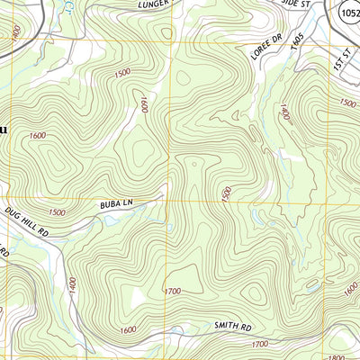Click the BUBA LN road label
pyautogui.click(x=116, y=206)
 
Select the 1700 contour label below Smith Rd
pyautogui.click(x=259, y=344)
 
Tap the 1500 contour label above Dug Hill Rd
pyautogui.click(x=56, y=212)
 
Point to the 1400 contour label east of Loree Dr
pyautogui.click(x=285, y=114)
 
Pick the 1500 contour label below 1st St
pyautogui.click(x=347, y=103)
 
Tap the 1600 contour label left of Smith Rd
pyautogui.click(x=128, y=329)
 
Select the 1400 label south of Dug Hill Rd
pyautogui.click(x=71, y=287)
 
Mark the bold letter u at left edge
pyautogui.click(x=3, y=130)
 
